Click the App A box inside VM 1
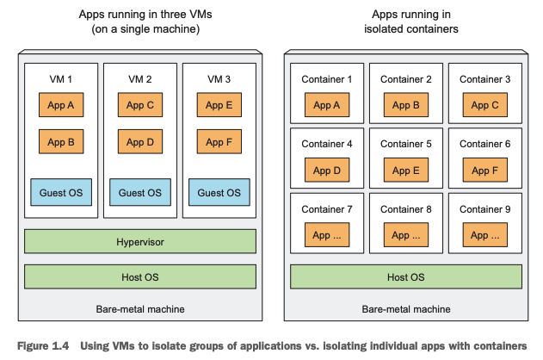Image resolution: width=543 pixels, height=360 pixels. [60, 105]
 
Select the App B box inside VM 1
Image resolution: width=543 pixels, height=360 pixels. [60, 142]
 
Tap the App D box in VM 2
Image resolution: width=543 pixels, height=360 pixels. [139, 142]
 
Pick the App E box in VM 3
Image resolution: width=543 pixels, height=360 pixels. [219, 105]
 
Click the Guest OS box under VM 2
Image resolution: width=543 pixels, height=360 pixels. [139, 192]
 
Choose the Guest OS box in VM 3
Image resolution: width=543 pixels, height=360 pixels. [219, 192]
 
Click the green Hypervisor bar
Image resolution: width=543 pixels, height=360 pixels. [139, 242]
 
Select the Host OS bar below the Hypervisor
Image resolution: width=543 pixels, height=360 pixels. [139, 276]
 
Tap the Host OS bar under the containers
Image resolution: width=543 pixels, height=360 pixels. [405, 276]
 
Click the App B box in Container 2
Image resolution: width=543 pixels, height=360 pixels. [405, 106]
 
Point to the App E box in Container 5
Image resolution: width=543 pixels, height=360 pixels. [405, 171]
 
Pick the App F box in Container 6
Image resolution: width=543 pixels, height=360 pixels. [484, 171]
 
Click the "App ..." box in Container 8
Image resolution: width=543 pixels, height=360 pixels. [405, 235]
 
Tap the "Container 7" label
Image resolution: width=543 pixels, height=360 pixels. [326, 209]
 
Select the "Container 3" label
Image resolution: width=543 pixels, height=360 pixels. [484, 79]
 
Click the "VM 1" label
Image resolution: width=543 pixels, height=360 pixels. [60, 79]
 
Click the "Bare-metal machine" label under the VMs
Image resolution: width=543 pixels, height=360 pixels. [139, 308]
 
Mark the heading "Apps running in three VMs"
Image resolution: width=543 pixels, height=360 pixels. [139, 15]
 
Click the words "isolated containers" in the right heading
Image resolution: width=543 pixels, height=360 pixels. [405, 28]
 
